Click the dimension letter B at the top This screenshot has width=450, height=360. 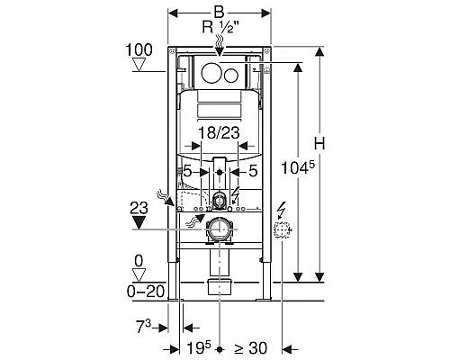pyautogui.click(x=220, y=13)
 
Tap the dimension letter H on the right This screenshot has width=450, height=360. pyautogui.click(x=319, y=143)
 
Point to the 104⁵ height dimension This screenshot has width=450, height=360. pyautogui.click(x=298, y=167)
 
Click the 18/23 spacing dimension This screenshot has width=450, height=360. pyautogui.click(x=220, y=132)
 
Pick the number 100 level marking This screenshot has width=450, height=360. pyautogui.click(x=139, y=49)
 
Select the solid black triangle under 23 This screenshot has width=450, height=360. pyautogui.click(x=138, y=223)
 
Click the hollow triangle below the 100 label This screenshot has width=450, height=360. pyautogui.click(x=139, y=65)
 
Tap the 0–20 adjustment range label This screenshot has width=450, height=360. pyautogui.click(x=146, y=291)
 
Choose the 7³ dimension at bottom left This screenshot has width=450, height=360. pyautogui.click(x=144, y=327)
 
